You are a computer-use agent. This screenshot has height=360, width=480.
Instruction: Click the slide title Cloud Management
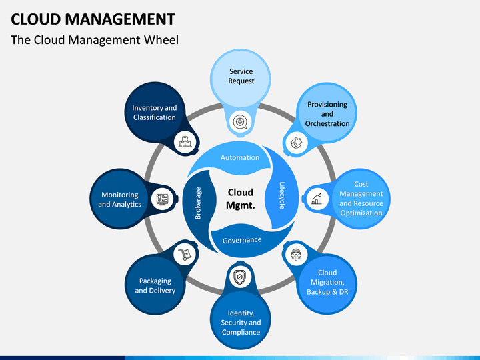(93, 19)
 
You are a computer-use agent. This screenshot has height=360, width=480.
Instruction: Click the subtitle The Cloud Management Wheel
(95, 40)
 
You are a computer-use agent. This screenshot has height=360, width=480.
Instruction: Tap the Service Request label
(241, 76)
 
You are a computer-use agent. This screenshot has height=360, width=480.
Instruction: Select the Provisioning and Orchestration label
(327, 114)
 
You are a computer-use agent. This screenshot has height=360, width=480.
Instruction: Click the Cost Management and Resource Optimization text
(361, 199)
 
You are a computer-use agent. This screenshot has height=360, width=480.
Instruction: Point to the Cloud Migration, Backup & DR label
(327, 282)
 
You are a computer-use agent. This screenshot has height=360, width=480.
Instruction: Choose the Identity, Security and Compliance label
(241, 323)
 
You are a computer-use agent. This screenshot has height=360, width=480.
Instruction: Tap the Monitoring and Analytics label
(120, 199)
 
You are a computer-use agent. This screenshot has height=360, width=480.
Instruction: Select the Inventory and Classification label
(155, 112)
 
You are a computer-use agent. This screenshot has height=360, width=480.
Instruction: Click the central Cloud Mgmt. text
(241, 199)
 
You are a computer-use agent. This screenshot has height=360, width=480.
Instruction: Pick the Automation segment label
(240, 157)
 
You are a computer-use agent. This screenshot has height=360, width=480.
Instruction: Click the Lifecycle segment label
(282, 196)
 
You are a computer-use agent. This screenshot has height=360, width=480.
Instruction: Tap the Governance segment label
(241, 239)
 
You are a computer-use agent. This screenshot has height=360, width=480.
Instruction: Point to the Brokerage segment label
(198, 203)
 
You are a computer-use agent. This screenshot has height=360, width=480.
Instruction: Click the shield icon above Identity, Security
(240, 275)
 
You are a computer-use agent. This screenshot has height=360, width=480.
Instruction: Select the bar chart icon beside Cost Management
(317, 198)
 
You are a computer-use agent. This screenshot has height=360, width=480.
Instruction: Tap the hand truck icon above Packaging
(185, 253)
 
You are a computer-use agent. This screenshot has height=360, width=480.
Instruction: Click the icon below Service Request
(240, 121)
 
